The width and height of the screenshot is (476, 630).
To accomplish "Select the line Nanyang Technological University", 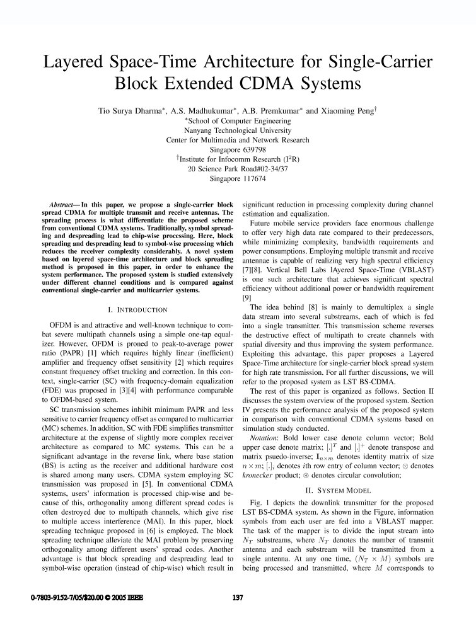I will coord(238,130).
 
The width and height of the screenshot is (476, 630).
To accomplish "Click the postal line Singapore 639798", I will coord(238,150).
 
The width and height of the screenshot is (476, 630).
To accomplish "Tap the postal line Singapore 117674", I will coord(238,179).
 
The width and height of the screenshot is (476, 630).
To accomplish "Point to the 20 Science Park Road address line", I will coord(238,169).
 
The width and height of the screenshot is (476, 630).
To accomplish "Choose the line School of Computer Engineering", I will coord(238,120).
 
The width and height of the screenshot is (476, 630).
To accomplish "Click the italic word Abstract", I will coord(63,206).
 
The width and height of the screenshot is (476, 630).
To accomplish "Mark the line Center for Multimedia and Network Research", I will coord(238,140).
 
